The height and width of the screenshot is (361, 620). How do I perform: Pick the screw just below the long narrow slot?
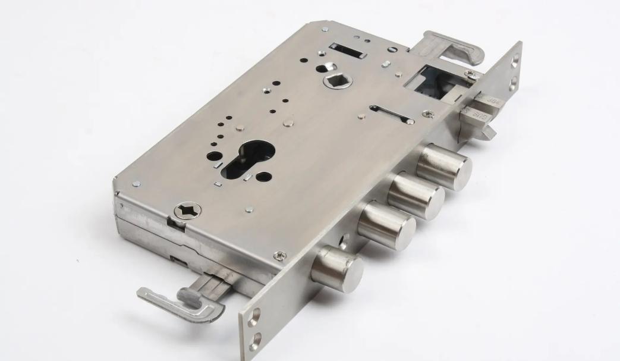[x=428, y=113]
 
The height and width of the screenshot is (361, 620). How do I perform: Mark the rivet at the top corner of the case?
[x=326, y=29]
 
